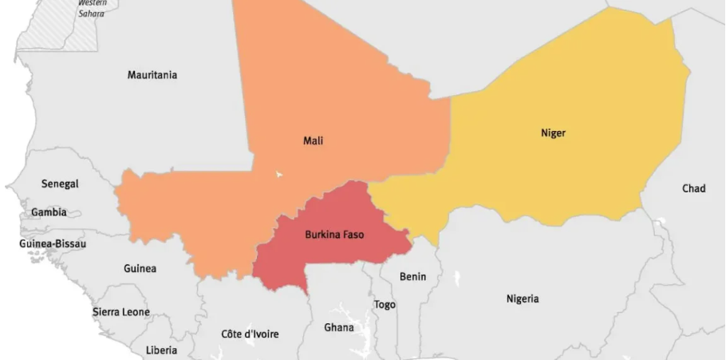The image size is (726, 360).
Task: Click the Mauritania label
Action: click(152, 75)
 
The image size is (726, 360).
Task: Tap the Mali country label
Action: click(314, 140)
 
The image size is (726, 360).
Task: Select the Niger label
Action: click(553, 133)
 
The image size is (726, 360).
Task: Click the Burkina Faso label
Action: click(334, 235)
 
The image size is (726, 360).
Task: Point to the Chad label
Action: click(693, 188)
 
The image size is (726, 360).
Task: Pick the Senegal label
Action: click(60, 184)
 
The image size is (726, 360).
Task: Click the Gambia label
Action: click(49, 212)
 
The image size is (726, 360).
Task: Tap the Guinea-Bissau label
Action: click(53, 243)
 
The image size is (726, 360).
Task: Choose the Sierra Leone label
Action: click(121, 311)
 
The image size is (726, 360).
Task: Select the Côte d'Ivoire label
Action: click(250, 334)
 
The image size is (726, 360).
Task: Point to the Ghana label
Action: click(339, 327)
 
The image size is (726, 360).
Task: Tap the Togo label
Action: click(385, 304)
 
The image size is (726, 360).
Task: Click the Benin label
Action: click(412, 276)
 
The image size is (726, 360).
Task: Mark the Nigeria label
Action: click(523, 299)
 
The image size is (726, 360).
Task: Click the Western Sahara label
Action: click(92, 7)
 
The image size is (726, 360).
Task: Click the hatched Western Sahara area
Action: click(48, 28)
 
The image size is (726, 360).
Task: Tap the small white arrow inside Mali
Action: click(278, 172)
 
